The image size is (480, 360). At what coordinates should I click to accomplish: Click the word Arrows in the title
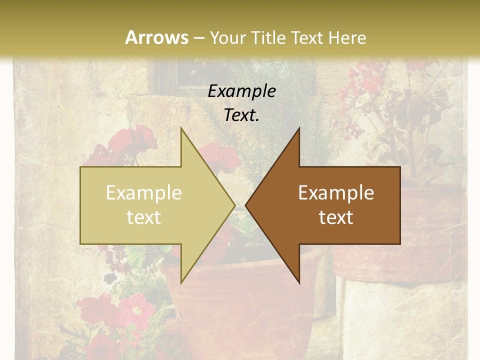point(156,37)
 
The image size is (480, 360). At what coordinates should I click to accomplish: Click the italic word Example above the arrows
point(242,91)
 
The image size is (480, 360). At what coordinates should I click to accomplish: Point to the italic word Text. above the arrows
point(242,115)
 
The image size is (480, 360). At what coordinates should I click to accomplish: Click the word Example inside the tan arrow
point(143,193)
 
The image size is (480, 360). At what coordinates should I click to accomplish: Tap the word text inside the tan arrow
point(143,217)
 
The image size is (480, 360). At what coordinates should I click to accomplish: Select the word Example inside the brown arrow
point(336,193)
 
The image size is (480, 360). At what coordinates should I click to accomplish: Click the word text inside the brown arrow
point(336,217)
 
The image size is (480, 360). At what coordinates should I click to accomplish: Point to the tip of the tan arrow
point(234,205)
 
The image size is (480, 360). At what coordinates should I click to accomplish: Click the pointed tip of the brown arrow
point(245,205)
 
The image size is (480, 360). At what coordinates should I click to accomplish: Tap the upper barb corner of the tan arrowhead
point(181,128)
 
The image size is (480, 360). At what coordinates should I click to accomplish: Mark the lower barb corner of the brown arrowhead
point(299,282)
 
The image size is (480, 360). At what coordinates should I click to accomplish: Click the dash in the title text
point(198,38)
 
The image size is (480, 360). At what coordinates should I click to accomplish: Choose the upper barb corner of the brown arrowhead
point(299,128)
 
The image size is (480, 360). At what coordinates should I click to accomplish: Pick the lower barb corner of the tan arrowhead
point(181,282)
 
